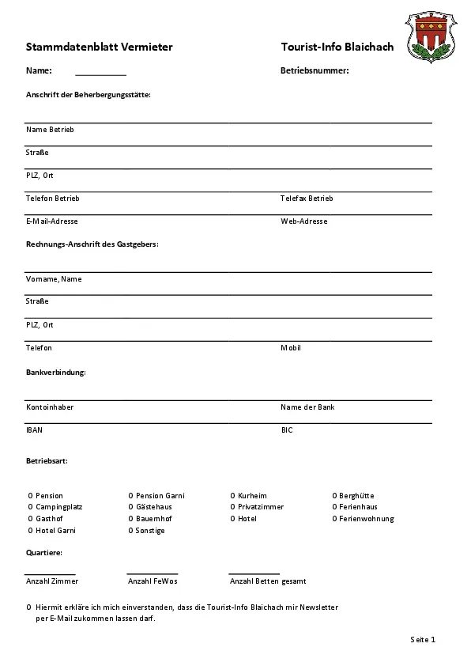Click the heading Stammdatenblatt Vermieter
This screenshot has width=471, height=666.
click(99, 47)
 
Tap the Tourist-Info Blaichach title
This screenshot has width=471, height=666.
click(337, 47)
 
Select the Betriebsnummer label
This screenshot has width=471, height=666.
click(315, 71)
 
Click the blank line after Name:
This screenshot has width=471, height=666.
click(100, 73)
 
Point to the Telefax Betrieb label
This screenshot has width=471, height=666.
click(307, 199)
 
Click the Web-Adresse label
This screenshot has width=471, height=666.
click(303, 221)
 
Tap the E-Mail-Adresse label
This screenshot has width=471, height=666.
click(52, 221)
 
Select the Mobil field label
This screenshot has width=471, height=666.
click(291, 348)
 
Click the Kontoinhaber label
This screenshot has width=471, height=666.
click(50, 407)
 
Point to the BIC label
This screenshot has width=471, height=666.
click(287, 430)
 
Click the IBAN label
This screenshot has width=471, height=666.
click(35, 430)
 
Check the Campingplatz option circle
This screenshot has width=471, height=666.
click(29, 507)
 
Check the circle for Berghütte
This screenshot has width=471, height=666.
click(335, 496)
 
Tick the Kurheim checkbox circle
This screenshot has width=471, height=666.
click(233, 496)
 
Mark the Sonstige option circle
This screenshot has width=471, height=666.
click(131, 531)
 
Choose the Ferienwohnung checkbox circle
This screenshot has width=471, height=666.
click(335, 519)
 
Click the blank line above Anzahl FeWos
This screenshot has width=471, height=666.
click(152, 572)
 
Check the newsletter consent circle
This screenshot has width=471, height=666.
click(29, 607)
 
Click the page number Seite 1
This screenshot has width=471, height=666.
click(423, 639)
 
